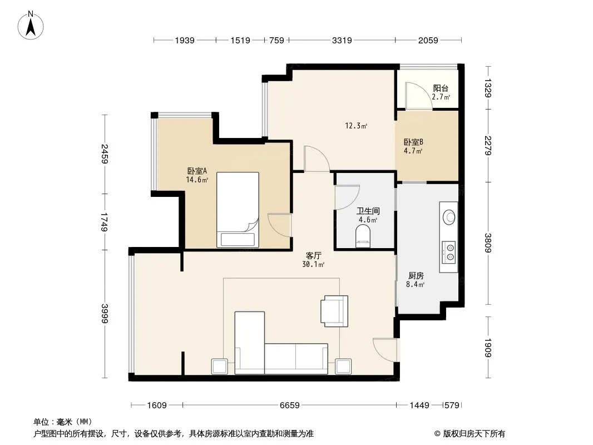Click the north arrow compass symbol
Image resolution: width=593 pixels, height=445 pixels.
[x=31, y=26]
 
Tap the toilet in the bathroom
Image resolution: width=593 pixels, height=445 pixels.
[x=363, y=236]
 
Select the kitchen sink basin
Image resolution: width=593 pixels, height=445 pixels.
[x=449, y=217]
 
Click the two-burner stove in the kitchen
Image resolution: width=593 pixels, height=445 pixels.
[x=449, y=252]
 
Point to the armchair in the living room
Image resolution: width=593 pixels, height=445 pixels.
[x=334, y=311]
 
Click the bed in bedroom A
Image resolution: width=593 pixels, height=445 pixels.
[x=238, y=210]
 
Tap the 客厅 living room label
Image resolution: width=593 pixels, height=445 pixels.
[x=314, y=256]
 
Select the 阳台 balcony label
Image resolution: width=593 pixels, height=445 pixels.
[x=441, y=88]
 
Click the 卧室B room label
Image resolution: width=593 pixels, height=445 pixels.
[x=413, y=142]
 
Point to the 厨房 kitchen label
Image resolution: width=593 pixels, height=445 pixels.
[x=416, y=275]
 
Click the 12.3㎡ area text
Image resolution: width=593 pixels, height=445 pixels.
[x=356, y=126]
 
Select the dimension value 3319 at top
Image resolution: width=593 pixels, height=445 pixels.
[x=342, y=40]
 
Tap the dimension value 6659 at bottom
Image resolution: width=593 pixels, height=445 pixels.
[x=290, y=406]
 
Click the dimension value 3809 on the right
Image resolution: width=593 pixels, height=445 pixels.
[x=488, y=243]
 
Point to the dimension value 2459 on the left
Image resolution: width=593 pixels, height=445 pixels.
[x=105, y=154]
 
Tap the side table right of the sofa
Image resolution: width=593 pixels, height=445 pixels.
[x=343, y=367]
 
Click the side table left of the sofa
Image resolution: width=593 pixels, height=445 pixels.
[x=220, y=367]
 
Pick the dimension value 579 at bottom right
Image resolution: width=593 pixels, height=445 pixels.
[x=452, y=406]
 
